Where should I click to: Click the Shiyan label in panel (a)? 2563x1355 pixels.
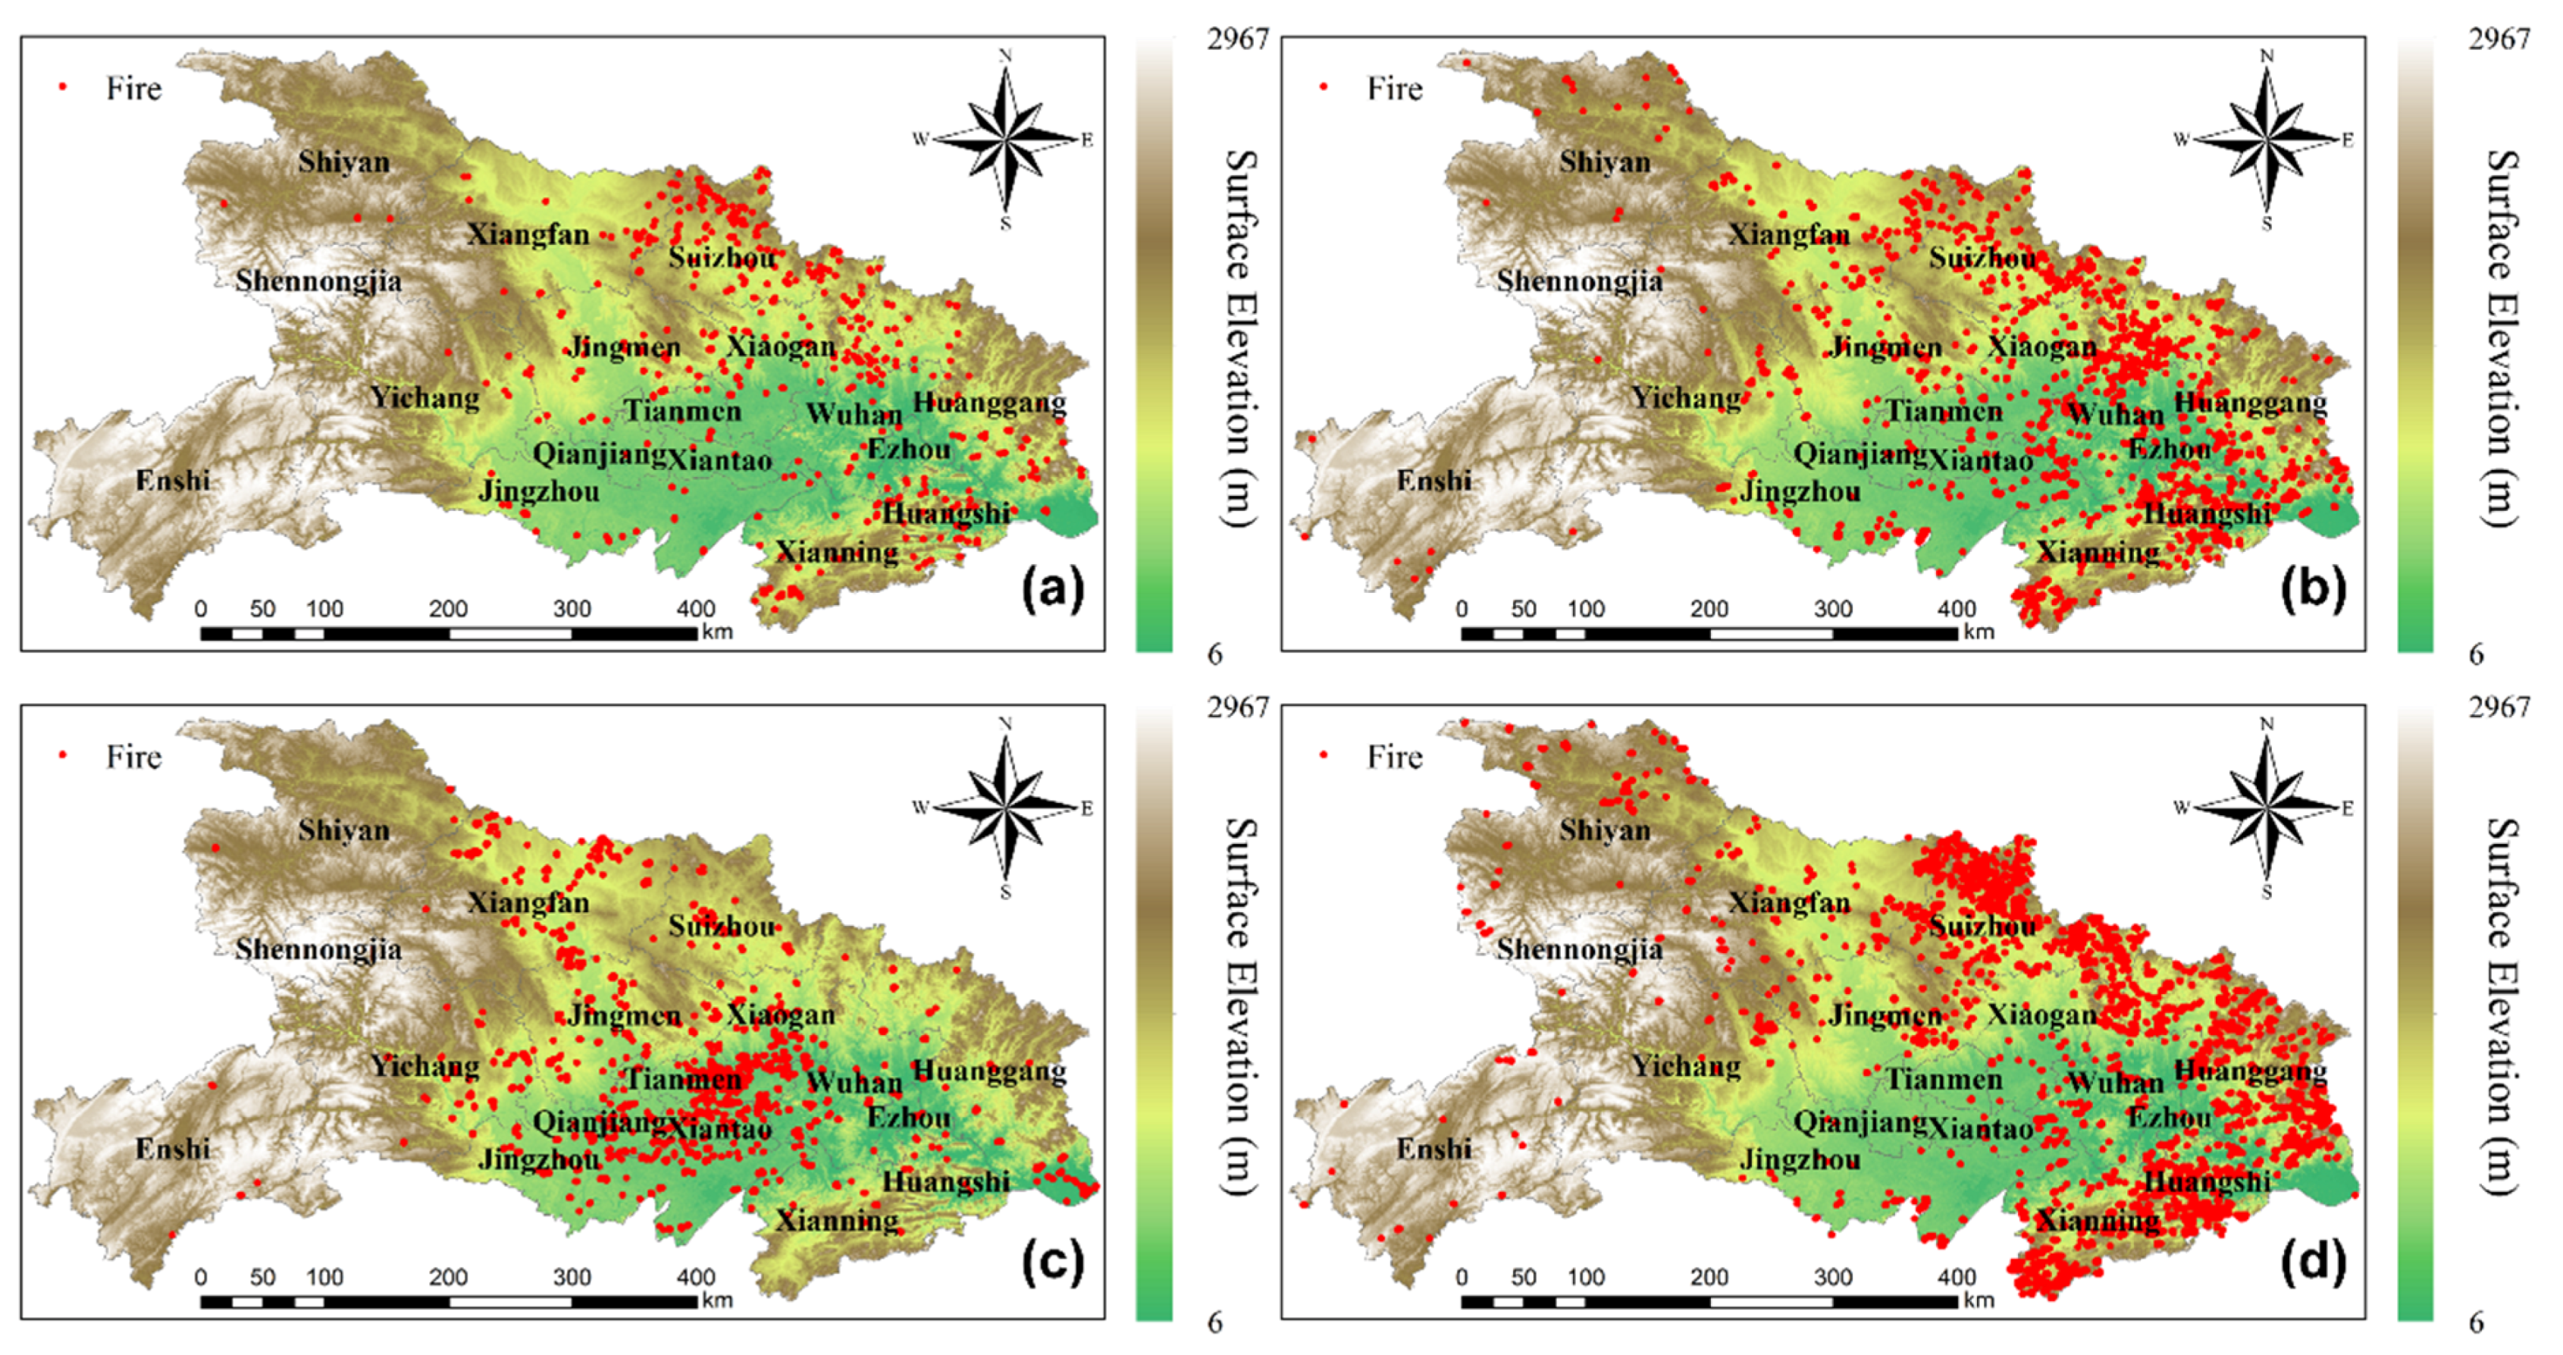(343, 162)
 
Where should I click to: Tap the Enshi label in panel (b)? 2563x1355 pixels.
(1433, 481)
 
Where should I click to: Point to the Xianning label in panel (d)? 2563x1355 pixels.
(2098, 1220)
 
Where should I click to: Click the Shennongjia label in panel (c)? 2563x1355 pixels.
(318, 949)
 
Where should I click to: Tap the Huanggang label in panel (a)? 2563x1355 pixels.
(990, 403)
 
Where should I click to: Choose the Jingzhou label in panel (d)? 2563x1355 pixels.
(1800, 1160)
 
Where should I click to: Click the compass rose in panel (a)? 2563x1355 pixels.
(1006, 140)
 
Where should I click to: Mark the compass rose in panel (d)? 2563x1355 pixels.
(2267, 808)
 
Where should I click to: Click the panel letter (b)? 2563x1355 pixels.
(2312, 590)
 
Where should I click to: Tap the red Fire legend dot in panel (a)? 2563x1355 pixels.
(63, 87)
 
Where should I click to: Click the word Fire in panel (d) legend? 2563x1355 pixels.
(1394, 757)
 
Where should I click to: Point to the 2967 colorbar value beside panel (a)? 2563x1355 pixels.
(1238, 39)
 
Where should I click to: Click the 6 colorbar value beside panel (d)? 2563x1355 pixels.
(2477, 1322)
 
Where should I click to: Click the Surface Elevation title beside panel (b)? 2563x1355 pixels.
(2502, 338)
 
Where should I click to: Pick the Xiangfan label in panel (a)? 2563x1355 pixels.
(528, 235)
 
